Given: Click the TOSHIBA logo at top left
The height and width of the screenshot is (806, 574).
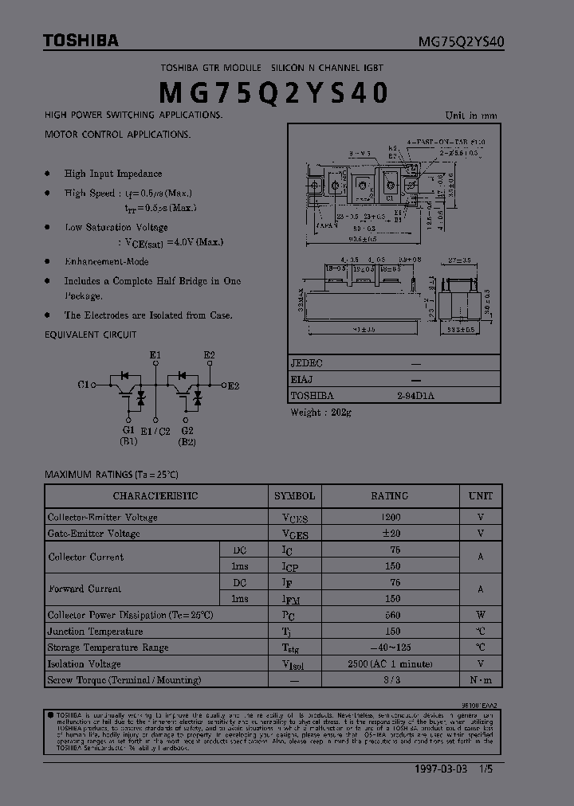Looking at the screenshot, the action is (x=81, y=41).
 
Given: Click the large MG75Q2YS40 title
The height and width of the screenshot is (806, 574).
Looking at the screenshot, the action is (x=274, y=93).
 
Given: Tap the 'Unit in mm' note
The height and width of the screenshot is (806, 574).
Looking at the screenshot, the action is (x=470, y=115).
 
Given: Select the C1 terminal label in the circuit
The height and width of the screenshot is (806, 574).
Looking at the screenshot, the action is (x=83, y=385).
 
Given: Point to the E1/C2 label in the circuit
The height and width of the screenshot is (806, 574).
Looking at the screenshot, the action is (x=155, y=431).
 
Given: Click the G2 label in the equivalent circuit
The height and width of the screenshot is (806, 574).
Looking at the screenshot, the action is (x=187, y=430).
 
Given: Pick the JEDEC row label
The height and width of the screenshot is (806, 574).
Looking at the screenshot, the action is (x=307, y=362).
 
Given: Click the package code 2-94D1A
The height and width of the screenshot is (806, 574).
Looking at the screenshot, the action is (x=415, y=395).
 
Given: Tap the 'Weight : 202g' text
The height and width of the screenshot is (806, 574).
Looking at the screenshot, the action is (x=320, y=412).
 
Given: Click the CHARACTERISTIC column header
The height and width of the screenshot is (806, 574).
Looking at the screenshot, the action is (x=155, y=495).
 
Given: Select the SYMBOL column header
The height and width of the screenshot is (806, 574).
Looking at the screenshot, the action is (x=294, y=495).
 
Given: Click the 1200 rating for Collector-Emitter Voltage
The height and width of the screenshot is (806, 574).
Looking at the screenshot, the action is (x=392, y=517).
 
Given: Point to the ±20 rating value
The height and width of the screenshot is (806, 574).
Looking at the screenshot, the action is (x=392, y=533).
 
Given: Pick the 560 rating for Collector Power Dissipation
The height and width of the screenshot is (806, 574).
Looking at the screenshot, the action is (x=392, y=615).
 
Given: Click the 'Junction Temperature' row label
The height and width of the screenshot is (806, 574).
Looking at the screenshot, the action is (x=96, y=631).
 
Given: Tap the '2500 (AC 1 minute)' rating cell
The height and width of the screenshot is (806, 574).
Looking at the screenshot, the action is (x=392, y=663).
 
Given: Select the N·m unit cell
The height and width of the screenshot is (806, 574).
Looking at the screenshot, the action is (x=481, y=679).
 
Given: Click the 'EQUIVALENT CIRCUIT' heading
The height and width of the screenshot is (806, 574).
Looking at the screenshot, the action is (x=90, y=335).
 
